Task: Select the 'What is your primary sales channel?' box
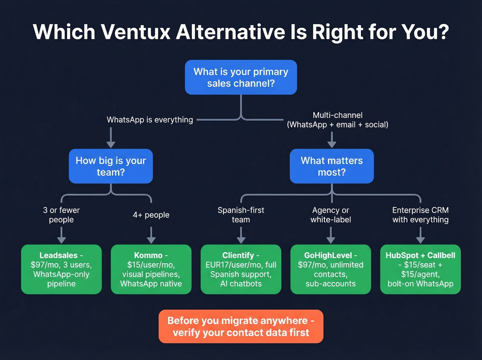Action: [241, 77]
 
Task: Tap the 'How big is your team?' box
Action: [111, 166]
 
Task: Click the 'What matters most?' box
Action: [332, 166]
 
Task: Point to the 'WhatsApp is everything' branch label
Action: [150, 120]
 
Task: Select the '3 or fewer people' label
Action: [61, 215]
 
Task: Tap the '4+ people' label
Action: [151, 215]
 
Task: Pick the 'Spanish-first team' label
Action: [241, 215]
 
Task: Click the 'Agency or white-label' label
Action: [331, 215]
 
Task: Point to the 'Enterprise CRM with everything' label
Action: [420, 215]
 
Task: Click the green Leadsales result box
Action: [61, 269]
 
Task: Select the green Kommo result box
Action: [151, 269]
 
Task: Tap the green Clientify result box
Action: [241, 269]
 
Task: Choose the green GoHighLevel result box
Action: [331, 269]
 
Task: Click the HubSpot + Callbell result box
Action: [420, 269]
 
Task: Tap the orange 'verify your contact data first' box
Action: [241, 326]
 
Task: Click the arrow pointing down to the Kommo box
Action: [151, 236]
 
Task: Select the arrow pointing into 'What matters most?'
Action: [332, 140]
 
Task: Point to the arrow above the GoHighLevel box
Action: [331, 236]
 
